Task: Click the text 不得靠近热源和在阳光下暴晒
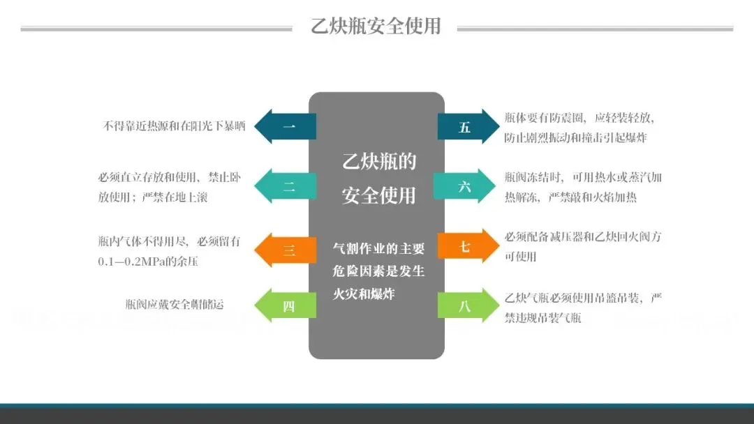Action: (175, 127)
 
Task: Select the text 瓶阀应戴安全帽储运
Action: (175, 305)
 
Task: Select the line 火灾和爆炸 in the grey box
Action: (364, 294)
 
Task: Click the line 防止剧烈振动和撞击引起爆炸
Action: (575, 137)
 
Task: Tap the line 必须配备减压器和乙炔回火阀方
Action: (583, 237)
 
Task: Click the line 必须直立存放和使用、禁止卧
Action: (170, 178)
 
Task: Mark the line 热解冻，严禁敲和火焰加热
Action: (570, 197)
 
